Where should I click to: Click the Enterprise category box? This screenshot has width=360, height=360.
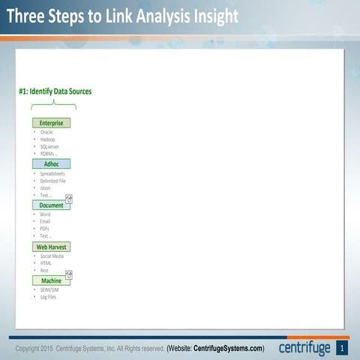pyautogui.click(x=51, y=123)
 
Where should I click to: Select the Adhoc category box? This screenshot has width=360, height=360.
pyautogui.click(x=51, y=163)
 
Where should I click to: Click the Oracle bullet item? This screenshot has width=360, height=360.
pyautogui.click(x=46, y=132)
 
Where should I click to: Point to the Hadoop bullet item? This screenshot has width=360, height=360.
pyautogui.click(x=47, y=139)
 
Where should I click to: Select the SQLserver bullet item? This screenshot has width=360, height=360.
pyautogui.click(x=49, y=147)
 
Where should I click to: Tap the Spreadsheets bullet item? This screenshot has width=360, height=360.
pyautogui.click(x=52, y=174)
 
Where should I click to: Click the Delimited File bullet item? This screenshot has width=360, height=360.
pyautogui.click(x=53, y=181)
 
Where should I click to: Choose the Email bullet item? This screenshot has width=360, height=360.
pyautogui.click(x=46, y=221)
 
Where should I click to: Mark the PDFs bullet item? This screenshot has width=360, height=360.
pyautogui.click(x=45, y=228)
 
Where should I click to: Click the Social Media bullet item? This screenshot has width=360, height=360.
pyautogui.click(x=52, y=256)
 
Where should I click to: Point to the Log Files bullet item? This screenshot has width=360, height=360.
pyautogui.click(x=48, y=297)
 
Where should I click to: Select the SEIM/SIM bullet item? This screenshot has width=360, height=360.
pyautogui.click(x=49, y=289)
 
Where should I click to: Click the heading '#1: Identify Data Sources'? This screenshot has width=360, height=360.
pyautogui.click(x=55, y=91)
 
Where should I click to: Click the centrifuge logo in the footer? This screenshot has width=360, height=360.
pyautogui.click(x=304, y=348)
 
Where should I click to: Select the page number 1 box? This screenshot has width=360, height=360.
pyautogui.click(x=342, y=348)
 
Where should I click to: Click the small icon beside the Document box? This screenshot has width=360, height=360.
pyautogui.click(x=69, y=199)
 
